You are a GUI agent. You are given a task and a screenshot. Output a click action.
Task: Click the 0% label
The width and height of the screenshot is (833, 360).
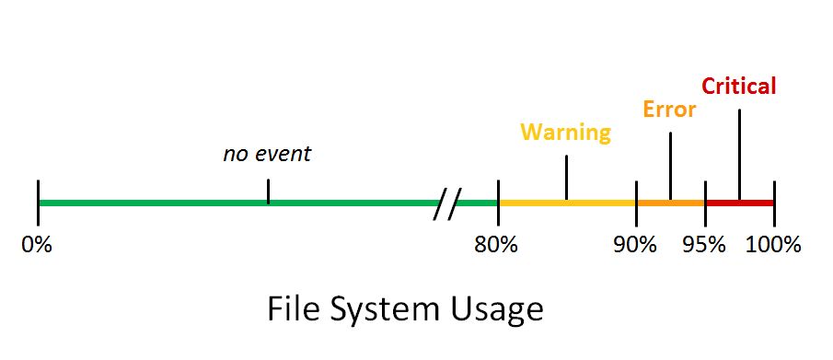coord(37,245)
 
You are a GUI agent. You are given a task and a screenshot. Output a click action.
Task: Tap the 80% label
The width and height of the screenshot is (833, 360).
coord(496,245)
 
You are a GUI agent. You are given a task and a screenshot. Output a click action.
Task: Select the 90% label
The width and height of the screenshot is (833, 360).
coord(635,245)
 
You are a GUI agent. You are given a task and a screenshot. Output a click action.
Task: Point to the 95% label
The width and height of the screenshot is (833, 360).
coord(704,245)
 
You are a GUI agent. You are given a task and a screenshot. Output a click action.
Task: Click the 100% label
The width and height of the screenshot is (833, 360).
coord(773,245)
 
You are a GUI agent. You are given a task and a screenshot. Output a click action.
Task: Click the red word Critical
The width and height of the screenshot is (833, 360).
coord(739,86)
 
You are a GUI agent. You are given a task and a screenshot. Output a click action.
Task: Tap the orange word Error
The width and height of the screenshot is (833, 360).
coord(669,109)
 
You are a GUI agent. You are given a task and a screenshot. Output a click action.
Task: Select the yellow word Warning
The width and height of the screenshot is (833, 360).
coord(566,133)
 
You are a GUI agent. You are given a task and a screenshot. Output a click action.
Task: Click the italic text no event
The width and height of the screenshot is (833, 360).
coord(267,154)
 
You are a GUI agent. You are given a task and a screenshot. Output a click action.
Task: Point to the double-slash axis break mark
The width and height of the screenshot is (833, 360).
coord(447,203)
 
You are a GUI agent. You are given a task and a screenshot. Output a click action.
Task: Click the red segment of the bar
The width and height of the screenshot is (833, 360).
coord(739,203)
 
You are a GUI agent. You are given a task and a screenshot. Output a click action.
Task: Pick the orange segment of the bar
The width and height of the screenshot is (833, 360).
coord(670,203)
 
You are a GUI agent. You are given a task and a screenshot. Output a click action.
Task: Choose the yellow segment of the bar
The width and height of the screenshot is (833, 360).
coord(567,203)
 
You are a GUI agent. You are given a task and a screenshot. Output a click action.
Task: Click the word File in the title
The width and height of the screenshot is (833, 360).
coord(292,309)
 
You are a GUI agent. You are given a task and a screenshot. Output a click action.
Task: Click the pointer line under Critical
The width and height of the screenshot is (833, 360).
coord(739,155)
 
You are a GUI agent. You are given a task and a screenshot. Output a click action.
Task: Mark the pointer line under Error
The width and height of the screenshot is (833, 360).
coord(670,167)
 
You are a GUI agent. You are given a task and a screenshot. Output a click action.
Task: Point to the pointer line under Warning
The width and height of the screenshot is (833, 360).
coord(566,178)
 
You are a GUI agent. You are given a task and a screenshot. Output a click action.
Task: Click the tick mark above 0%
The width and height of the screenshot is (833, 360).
coord(39,203)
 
